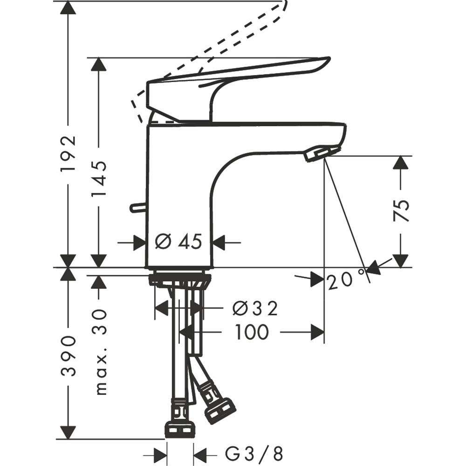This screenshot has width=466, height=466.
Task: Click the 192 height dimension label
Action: click(68, 154)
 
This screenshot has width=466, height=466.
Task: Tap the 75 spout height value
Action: click(401, 211)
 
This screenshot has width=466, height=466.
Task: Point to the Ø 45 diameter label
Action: click(178, 242)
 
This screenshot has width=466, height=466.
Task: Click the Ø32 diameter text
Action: click(255, 308)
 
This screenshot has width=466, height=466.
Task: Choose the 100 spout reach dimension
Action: click(252, 332)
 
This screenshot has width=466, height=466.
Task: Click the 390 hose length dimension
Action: click(68, 355)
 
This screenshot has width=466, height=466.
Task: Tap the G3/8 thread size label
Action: click(254, 453)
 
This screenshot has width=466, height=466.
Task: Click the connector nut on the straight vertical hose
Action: click(179, 429)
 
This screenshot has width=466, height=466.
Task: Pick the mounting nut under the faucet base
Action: click(179, 280)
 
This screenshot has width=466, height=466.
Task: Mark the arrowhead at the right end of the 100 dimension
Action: click(318, 332)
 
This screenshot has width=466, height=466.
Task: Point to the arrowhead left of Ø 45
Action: click(139, 242)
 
